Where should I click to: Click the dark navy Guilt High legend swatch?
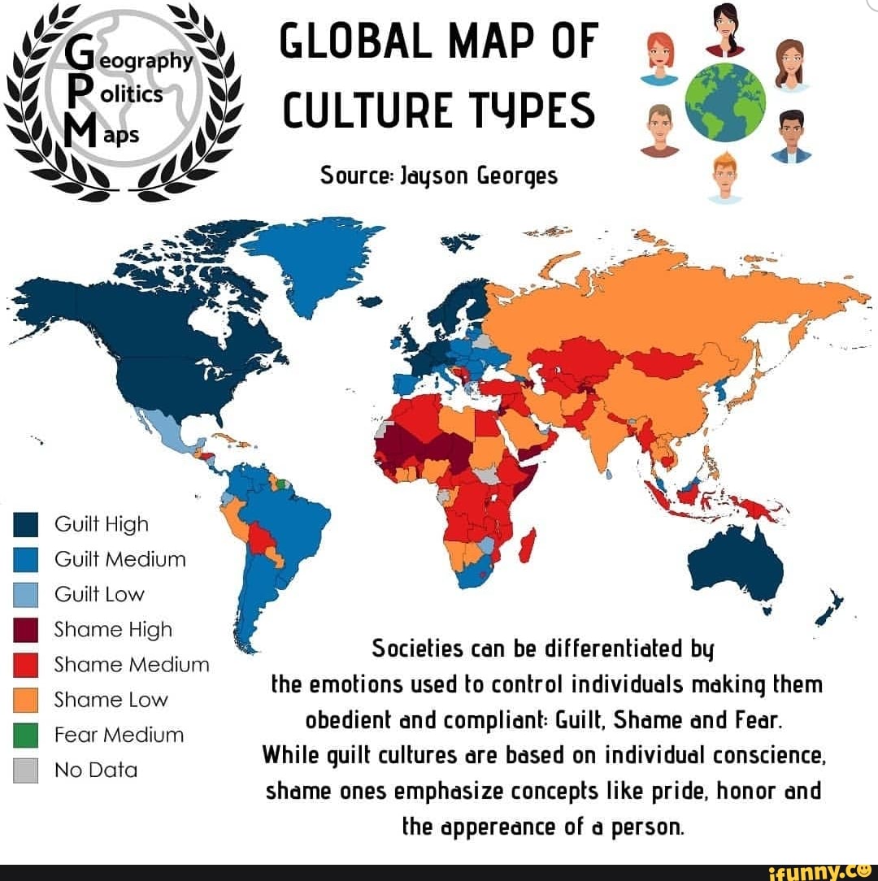click(27, 525)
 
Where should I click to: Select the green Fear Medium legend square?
click(27, 736)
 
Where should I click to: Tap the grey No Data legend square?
click(27, 770)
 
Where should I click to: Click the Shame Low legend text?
click(110, 700)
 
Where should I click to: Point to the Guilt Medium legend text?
click(120, 559)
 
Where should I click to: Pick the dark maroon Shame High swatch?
click(27, 630)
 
